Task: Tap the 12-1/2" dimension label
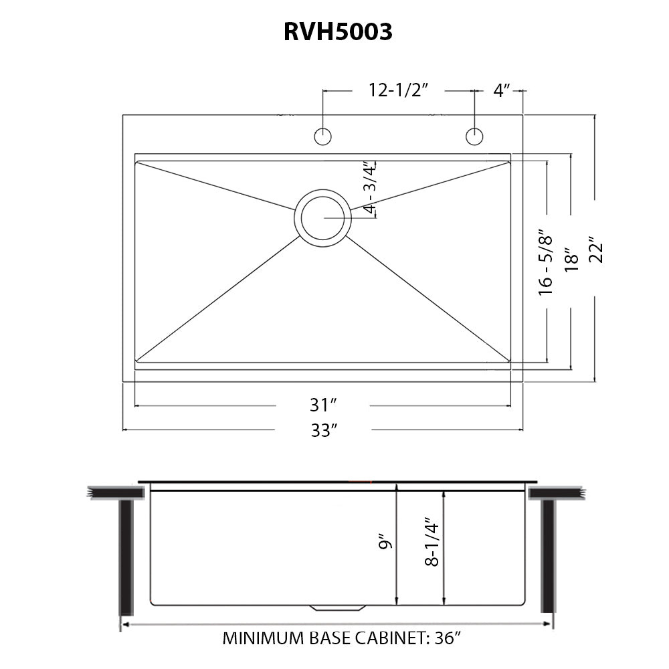tap(398, 90)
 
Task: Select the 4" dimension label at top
tap(502, 90)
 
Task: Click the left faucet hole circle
tap(323, 136)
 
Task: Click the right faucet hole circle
tap(474, 136)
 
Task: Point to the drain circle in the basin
tap(322, 217)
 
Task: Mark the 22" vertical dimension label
tap(595, 250)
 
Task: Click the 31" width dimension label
tap(322, 405)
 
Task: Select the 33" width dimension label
tap(322, 430)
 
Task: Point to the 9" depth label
tap(383, 542)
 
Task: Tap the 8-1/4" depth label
tap(432, 542)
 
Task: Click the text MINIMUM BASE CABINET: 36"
tap(342, 638)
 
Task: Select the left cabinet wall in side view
tap(126, 555)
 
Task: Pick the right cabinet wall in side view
tap(547, 555)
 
